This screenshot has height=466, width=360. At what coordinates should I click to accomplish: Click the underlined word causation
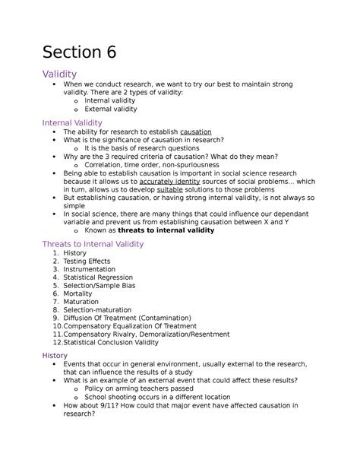[196, 132]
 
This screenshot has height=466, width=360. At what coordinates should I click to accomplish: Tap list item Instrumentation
[90, 270]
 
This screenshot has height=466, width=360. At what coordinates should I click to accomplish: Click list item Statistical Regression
[98, 278]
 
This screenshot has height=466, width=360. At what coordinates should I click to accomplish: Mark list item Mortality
[80, 295]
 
